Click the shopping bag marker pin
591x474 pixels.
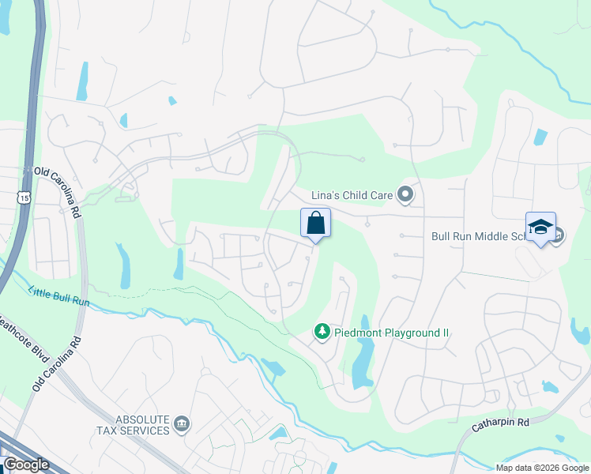point(315,224)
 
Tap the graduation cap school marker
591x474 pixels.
point(540,228)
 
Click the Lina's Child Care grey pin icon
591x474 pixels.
point(405,194)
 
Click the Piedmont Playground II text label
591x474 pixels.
point(391,333)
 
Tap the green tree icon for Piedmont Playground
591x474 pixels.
point(322,332)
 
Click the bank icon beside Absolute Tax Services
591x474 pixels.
point(183,425)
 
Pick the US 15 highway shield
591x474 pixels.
point(26,198)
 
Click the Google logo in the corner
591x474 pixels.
point(26,465)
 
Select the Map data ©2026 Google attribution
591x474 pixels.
point(542,468)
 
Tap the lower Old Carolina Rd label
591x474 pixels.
point(55,364)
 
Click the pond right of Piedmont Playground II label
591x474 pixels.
point(363,359)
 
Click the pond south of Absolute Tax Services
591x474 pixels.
point(278,433)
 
